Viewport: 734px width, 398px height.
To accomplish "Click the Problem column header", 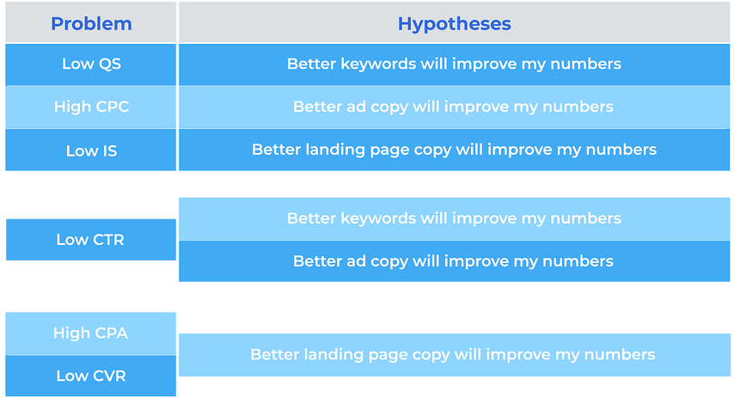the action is click(x=91, y=22).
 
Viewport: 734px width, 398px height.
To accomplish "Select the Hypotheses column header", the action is click(x=454, y=22).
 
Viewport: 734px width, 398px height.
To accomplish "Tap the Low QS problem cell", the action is click(x=91, y=64).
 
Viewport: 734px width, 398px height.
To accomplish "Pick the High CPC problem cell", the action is click(x=91, y=107).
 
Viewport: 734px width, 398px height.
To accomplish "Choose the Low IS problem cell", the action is click(x=91, y=150).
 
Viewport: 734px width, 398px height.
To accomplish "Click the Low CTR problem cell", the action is click(x=91, y=239).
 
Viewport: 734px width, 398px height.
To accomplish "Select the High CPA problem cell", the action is click(x=91, y=334).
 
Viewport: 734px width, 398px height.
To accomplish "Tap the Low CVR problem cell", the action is click(x=91, y=376).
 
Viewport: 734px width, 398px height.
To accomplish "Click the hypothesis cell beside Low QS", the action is click(x=454, y=64).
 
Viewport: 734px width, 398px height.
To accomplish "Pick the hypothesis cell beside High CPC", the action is click(x=454, y=107).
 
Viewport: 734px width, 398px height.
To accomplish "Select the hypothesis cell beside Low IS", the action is click(x=454, y=150).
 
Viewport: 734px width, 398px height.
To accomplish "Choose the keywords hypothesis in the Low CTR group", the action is click(x=454, y=218).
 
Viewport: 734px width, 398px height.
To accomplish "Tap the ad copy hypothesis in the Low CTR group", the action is click(x=454, y=260).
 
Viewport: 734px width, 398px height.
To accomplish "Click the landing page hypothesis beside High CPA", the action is click(x=454, y=355).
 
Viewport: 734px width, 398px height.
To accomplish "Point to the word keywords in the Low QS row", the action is click(x=378, y=64).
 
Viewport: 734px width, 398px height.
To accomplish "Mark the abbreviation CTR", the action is click(x=107, y=240).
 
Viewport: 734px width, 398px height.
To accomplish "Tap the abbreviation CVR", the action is click(x=108, y=376).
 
